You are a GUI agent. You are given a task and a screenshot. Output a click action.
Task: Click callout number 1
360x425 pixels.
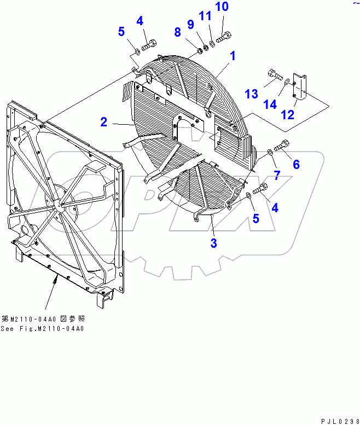pos(233,55)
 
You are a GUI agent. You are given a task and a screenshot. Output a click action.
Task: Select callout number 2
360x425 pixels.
pos(104,123)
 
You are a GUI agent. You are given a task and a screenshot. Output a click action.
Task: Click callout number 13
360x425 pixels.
pos(251,94)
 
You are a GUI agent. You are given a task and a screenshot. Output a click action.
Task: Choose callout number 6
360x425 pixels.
pos(296,164)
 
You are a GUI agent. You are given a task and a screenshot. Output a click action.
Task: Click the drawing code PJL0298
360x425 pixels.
pos(336,419)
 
